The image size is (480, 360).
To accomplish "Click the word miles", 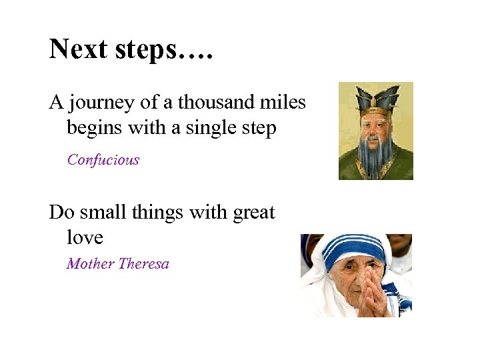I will (x=283, y=103).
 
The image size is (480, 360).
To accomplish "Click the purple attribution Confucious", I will (x=103, y=160).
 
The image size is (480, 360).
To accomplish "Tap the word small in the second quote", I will (x=103, y=213).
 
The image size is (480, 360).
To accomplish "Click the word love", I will (x=85, y=237).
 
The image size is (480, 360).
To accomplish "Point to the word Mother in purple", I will (x=91, y=263).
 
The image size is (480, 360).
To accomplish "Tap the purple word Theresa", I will (x=144, y=263).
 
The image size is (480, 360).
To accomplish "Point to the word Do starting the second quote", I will (x=61, y=213).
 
